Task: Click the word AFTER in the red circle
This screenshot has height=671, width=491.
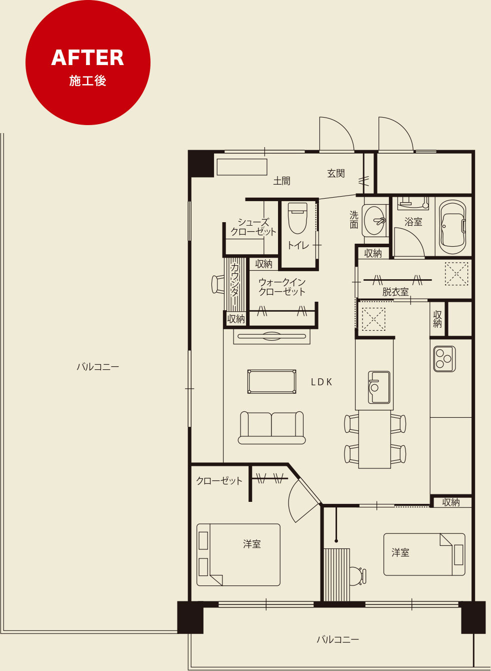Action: (87, 58)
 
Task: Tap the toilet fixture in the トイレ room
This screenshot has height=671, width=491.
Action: (297, 218)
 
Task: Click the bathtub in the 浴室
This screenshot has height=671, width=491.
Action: (452, 227)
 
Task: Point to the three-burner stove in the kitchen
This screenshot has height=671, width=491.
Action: (444, 359)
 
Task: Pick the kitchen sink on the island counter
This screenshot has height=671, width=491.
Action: (379, 387)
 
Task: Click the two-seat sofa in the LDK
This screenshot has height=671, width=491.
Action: (271, 427)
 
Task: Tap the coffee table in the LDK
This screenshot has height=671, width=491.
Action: (272, 382)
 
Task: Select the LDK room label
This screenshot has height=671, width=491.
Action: (321, 382)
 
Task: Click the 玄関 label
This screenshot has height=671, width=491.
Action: (336, 173)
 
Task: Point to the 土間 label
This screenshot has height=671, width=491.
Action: (281, 181)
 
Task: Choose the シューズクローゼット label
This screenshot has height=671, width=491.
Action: (253, 227)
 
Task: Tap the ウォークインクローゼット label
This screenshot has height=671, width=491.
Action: (281, 287)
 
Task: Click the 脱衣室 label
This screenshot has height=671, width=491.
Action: (395, 292)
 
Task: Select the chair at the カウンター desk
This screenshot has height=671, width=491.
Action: (218, 284)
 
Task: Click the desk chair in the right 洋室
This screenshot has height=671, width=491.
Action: (358, 576)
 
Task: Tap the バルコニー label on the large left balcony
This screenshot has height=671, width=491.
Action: (98, 367)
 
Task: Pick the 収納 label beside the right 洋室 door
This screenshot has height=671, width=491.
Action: (451, 502)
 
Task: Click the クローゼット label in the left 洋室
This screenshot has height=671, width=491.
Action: (219, 481)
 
